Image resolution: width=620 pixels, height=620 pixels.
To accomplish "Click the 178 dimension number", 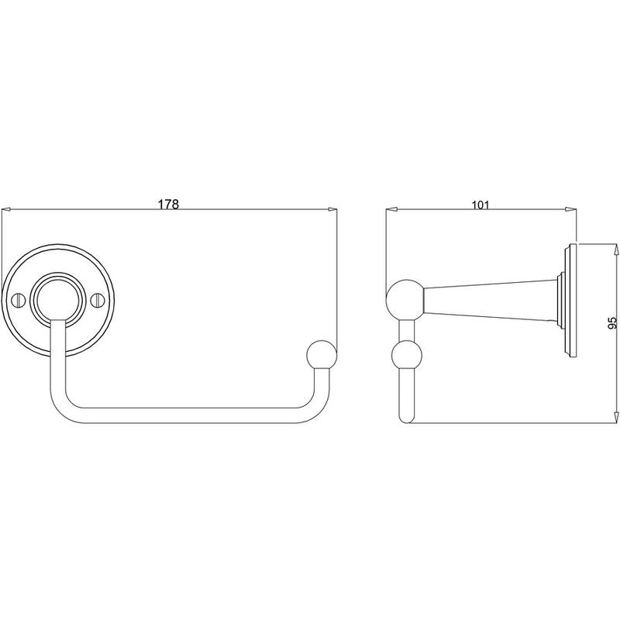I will click(168, 205).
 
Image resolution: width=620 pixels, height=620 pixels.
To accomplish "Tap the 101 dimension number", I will click(480, 205).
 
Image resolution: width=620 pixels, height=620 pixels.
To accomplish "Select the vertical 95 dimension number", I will click(611, 324).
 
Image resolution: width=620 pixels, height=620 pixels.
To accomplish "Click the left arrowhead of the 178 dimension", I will click(7, 208).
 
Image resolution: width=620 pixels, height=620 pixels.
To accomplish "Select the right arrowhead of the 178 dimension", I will click(332, 208).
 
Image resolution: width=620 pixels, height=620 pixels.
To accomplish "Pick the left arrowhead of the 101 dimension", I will click(391, 208).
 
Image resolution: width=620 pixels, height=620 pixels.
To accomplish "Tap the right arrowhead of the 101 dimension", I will click(570, 208).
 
